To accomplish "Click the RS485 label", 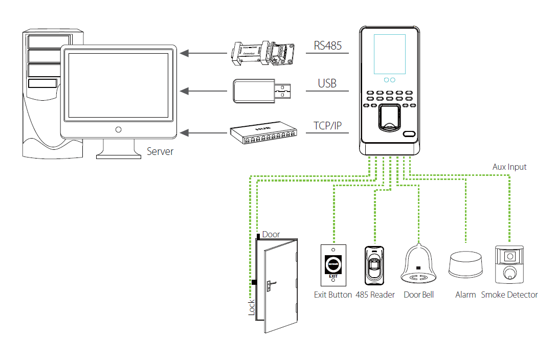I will [x=327, y=46].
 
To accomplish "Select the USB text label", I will [x=327, y=83].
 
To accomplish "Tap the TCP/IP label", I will [x=327, y=126].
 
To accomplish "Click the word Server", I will [x=160, y=151].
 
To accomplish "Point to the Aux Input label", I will [x=509, y=167].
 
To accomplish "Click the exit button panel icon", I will [x=333, y=265].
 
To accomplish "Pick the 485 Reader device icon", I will [x=375, y=265].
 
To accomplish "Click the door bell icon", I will [x=418, y=264].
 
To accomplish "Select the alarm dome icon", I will [x=465, y=265].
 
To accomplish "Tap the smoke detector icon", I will [x=509, y=264].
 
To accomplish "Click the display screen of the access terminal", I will [x=390, y=54].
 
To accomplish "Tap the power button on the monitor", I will [x=119, y=129].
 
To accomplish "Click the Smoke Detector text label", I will [x=509, y=295].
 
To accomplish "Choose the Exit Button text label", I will [x=333, y=295].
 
